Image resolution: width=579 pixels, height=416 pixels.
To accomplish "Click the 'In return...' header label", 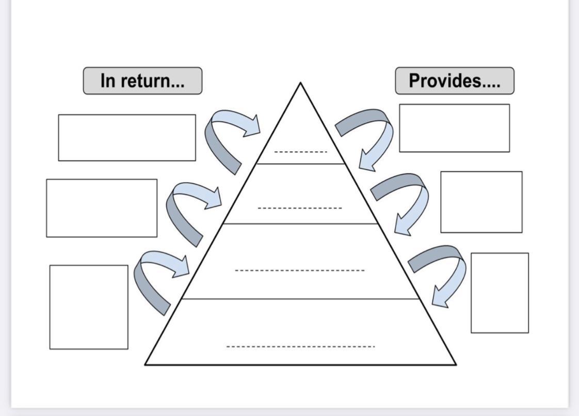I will click(142, 81).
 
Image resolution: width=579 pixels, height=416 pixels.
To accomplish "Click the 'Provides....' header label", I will click(455, 81).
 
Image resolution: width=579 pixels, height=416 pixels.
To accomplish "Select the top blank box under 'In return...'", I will click(127, 138).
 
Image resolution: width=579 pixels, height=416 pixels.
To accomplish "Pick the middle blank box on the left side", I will click(102, 208).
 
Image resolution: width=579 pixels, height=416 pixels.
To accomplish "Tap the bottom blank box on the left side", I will click(89, 307).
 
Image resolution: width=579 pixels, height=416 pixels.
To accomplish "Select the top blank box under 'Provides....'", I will click(454, 128).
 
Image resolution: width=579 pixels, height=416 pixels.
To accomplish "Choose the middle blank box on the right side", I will click(481, 202).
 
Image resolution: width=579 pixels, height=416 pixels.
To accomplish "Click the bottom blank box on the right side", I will click(500, 293).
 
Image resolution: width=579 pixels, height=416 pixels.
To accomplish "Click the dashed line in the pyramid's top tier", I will click(300, 152).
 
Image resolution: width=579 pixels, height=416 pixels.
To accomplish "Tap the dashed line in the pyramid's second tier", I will click(300, 208).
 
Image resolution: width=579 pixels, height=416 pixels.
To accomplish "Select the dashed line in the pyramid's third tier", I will click(299, 270).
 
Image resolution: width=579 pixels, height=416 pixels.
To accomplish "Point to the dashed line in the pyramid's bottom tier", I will click(300, 346).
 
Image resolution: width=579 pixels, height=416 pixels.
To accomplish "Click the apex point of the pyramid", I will click(300, 83).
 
